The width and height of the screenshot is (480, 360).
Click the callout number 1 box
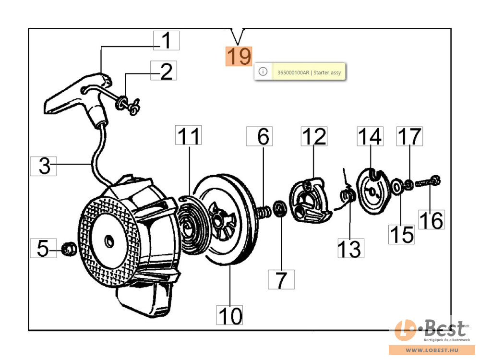[x=166, y=41]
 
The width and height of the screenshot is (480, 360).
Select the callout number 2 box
[x=164, y=71]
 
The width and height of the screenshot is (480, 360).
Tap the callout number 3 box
[x=43, y=166]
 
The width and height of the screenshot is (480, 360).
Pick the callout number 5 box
[x=43, y=248]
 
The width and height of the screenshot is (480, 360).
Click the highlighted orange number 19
[x=239, y=56]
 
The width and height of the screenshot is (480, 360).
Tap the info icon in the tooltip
[x=263, y=72]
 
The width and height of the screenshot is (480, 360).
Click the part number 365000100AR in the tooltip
[x=292, y=72]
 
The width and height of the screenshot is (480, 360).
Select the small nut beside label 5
[x=69, y=248]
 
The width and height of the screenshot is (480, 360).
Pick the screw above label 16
[x=429, y=182]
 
